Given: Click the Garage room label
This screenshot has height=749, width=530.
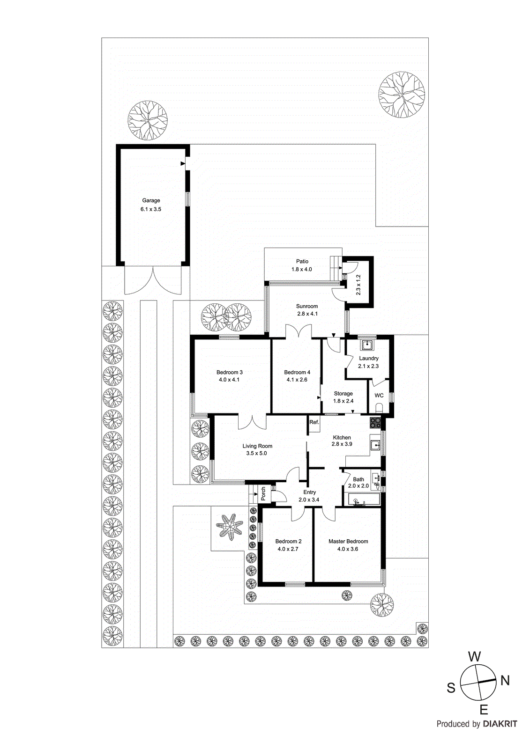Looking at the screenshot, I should pyautogui.click(x=151, y=200).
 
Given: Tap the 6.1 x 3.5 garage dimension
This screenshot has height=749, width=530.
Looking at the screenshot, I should pyautogui.click(x=151, y=209).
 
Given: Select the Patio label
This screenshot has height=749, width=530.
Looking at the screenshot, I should pyautogui.click(x=302, y=262).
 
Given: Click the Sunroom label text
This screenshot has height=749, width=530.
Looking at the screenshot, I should pyautogui.click(x=307, y=306).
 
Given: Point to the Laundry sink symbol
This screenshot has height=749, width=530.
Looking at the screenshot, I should pyautogui.click(x=366, y=345).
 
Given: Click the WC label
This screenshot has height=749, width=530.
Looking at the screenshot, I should pyautogui.click(x=379, y=396).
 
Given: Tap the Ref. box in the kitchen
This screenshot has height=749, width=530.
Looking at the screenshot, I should pyautogui.click(x=314, y=422).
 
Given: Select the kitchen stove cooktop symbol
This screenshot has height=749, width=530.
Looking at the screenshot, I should pyautogui.click(x=375, y=423).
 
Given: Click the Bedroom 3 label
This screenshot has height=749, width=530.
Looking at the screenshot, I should pyautogui.click(x=230, y=373).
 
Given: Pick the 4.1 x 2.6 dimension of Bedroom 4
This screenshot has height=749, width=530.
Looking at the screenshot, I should pyautogui.click(x=297, y=380).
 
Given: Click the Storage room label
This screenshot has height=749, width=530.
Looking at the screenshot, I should pyautogui.click(x=343, y=394).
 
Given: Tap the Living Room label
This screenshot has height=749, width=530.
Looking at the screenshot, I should pyautogui.click(x=257, y=446).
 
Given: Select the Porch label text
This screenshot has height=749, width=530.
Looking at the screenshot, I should pyautogui.click(x=263, y=493).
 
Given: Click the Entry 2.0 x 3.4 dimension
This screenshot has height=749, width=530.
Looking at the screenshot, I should pyautogui.click(x=309, y=500).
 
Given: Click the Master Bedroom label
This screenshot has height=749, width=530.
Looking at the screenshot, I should pyautogui.click(x=348, y=542).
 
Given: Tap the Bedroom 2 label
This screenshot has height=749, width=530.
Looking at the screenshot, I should pyautogui.click(x=288, y=542).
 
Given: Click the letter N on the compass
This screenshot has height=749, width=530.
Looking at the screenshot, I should pyautogui.click(x=505, y=681).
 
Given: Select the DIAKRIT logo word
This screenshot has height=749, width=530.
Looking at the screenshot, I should pyautogui.click(x=500, y=724).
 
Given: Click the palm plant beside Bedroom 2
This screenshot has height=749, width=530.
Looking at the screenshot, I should pyautogui.click(x=230, y=527).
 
